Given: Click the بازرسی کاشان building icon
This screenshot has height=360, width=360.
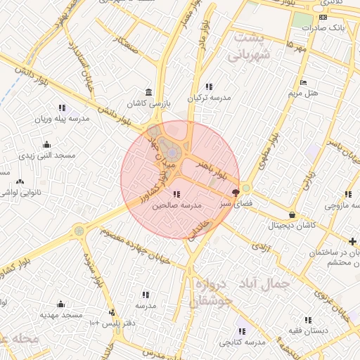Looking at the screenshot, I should pyautogui.click(x=148, y=92).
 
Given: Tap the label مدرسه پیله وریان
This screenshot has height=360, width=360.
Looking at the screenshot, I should pyautogui.click(x=63, y=119).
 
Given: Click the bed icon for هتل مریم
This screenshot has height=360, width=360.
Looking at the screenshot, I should pyautogui.click(x=303, y=82).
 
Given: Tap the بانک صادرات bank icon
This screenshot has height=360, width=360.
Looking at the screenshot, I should pyautogui.click(x=323, y=17).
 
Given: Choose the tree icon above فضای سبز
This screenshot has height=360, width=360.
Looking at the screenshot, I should pyautogui.click(x=236, y=191).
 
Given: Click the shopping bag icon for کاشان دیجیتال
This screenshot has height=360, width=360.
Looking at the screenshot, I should pyautogui.click(x=292, y=214).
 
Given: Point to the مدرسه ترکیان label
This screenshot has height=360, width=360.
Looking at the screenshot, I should pyautogui.click(x=208, y=98).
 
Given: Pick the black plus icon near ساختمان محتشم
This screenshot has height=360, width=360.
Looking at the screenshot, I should pyautogui.click(x=352, y=242).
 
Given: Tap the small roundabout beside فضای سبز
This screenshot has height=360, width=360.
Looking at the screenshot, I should pyautogui.click(x=246, y=188).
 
